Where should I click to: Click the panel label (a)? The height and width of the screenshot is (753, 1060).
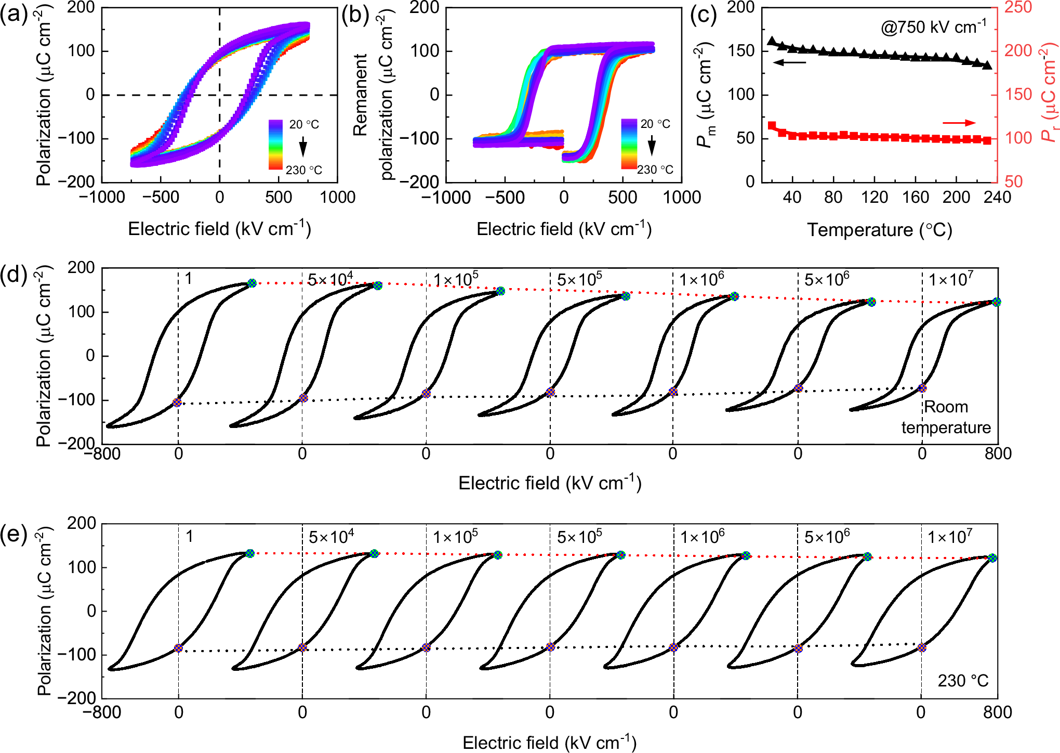point(14,15)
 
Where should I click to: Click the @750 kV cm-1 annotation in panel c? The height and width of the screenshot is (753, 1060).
point(933,27)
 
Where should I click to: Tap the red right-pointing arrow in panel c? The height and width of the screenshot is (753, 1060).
point(959,123)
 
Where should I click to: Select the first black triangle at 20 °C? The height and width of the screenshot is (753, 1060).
point(772,41)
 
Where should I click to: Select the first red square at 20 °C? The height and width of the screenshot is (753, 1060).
point(772,126)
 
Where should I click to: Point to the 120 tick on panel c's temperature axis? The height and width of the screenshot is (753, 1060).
point(874,198)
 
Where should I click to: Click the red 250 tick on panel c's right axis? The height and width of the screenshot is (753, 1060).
point(1018,7)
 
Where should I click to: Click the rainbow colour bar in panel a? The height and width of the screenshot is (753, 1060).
point(275,144)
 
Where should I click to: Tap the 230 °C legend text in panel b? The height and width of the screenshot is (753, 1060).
point(655,170)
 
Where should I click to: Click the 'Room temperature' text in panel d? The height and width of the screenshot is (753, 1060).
point(946,417)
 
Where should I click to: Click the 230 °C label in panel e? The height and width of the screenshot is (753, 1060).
point(963,681)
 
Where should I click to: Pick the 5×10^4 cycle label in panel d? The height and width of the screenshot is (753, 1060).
point(330,279)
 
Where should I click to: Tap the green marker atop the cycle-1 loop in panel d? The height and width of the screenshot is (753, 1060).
point(252,283)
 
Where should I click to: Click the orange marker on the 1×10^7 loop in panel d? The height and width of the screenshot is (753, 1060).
point(922,388)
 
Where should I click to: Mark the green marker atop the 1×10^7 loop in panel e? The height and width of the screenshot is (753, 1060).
point(992,558)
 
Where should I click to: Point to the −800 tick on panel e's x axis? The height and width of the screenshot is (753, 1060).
point(102,712)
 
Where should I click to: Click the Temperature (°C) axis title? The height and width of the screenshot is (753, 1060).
point(879,229)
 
